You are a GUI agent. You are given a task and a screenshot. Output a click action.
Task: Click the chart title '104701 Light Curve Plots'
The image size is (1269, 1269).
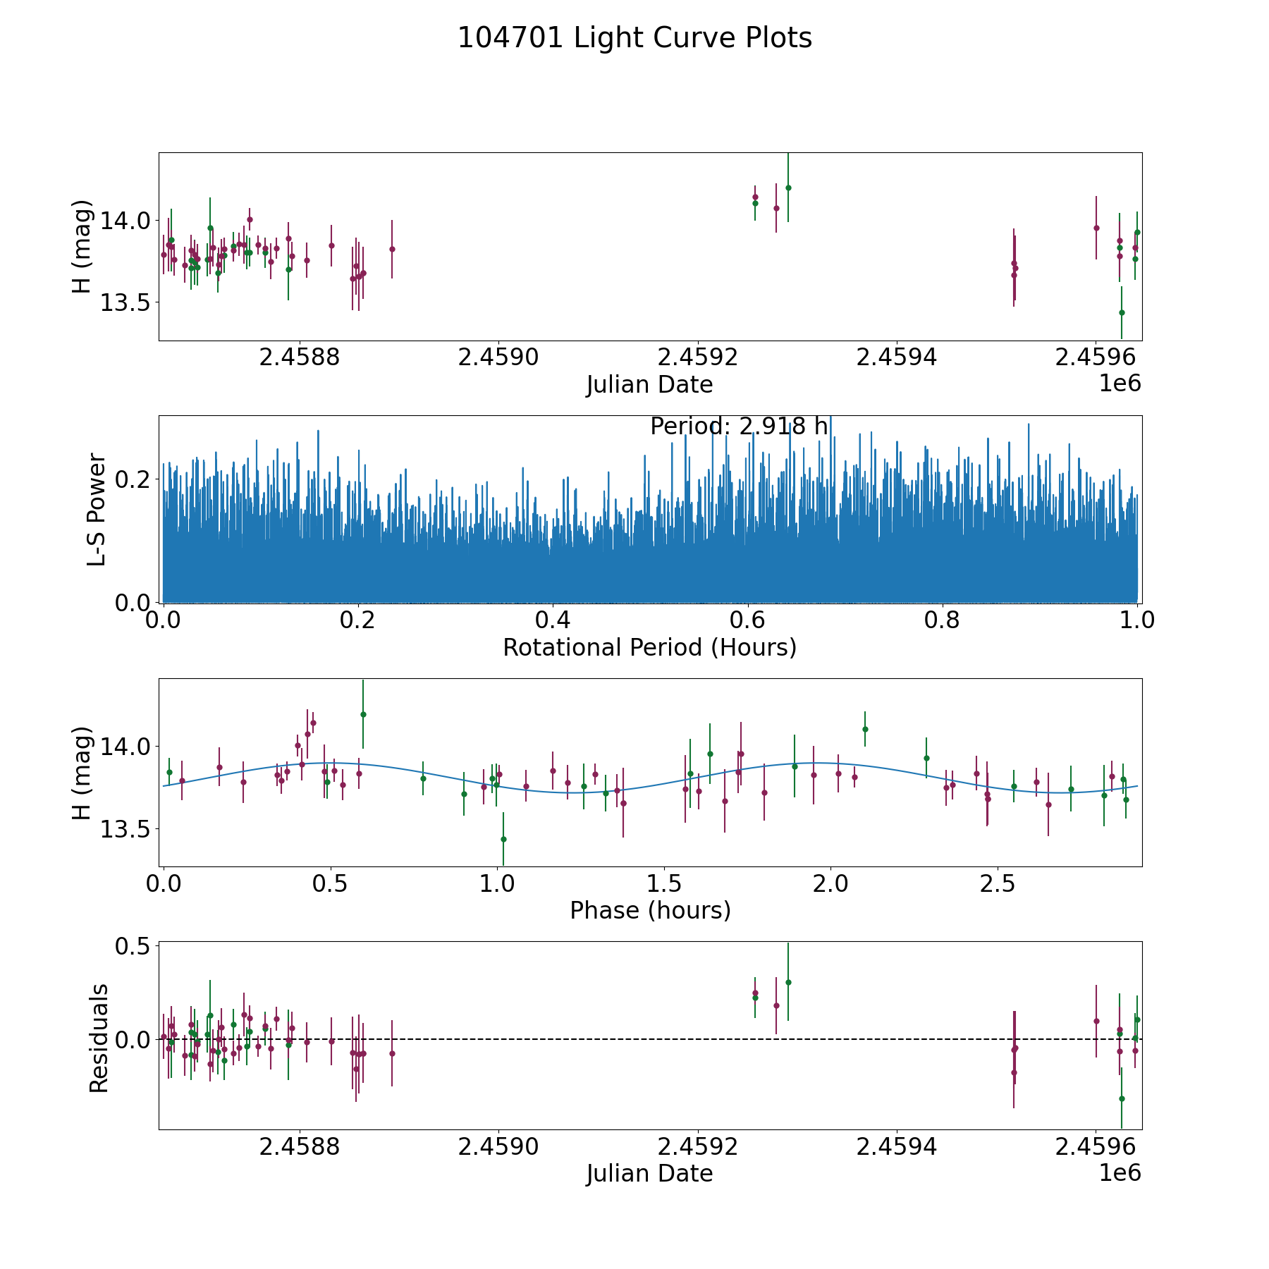click(634, 38)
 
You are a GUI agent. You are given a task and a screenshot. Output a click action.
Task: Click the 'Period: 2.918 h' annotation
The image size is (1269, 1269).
click(738, 427)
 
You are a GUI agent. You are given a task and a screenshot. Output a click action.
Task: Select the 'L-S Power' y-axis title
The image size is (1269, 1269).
click(97, 509)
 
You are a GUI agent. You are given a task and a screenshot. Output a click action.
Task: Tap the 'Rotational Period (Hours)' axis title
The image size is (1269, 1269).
click(649, 647)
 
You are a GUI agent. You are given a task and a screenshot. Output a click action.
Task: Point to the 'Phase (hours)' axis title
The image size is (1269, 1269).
click(649, 910)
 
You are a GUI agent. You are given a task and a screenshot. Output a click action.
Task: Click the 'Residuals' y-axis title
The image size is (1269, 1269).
click(99, 1037)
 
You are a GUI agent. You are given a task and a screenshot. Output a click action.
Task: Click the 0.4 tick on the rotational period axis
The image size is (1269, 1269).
click(553, 620)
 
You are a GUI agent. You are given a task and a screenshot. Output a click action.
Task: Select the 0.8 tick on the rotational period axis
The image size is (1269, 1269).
click(943, 620)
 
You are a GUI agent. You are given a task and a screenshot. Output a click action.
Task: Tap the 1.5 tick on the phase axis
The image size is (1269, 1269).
click(664, 884)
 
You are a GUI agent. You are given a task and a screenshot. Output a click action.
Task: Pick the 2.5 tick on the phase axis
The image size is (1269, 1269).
click(998, 884)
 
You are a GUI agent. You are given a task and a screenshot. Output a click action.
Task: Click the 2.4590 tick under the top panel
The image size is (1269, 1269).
click(498, 357)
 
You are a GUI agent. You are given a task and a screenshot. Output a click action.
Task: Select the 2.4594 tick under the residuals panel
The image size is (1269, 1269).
click(896, 1147)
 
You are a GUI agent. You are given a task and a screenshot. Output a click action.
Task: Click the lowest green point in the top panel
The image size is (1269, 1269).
click(1122, 312)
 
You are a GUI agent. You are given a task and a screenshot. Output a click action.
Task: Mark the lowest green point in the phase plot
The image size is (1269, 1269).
click(503, 839)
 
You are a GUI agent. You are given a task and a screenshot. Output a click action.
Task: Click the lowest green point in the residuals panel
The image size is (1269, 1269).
click(1122, 1098)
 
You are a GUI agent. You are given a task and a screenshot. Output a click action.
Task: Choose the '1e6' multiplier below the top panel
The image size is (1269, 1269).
click(1120, 384)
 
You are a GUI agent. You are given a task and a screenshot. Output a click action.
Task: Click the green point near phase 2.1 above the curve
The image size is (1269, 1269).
click(865, 729)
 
